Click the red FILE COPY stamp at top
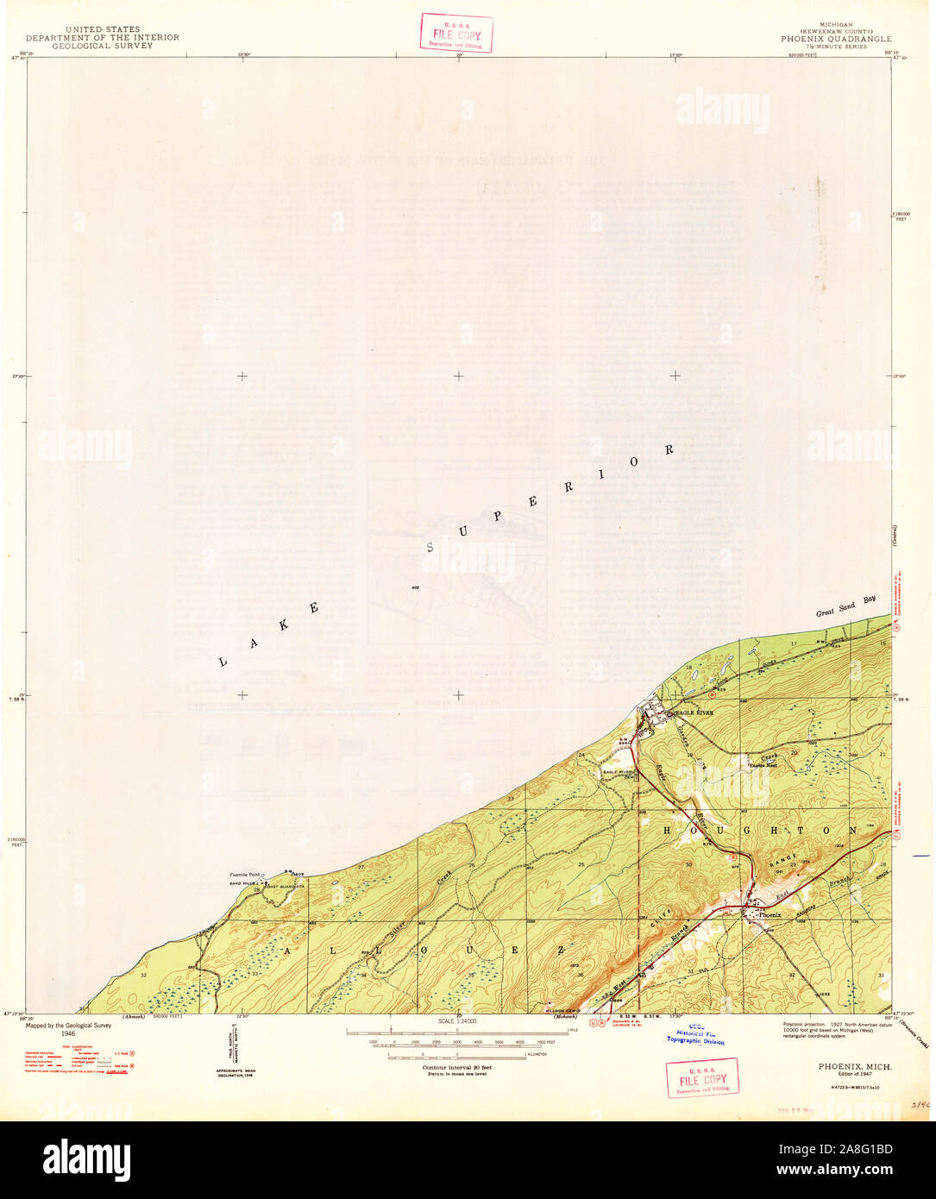456,34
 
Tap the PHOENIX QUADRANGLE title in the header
836,39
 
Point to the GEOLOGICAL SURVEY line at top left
102,46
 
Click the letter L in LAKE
222,662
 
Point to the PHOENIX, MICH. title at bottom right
855,1067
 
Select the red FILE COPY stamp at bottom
702,1078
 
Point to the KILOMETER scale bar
457,1054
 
